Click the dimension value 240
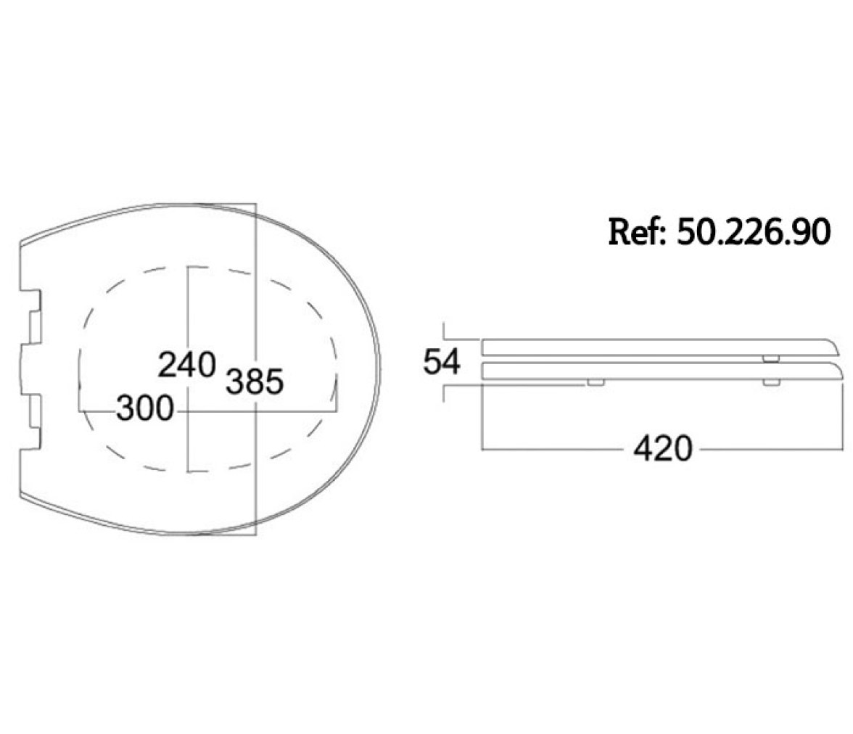tap(186, 365)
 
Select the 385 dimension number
tap(255, 382)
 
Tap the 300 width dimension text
tap(145, 408)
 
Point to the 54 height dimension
tap(442, 362)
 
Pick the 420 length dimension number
tap(663, 449)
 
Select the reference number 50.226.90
tap(754, 232)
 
